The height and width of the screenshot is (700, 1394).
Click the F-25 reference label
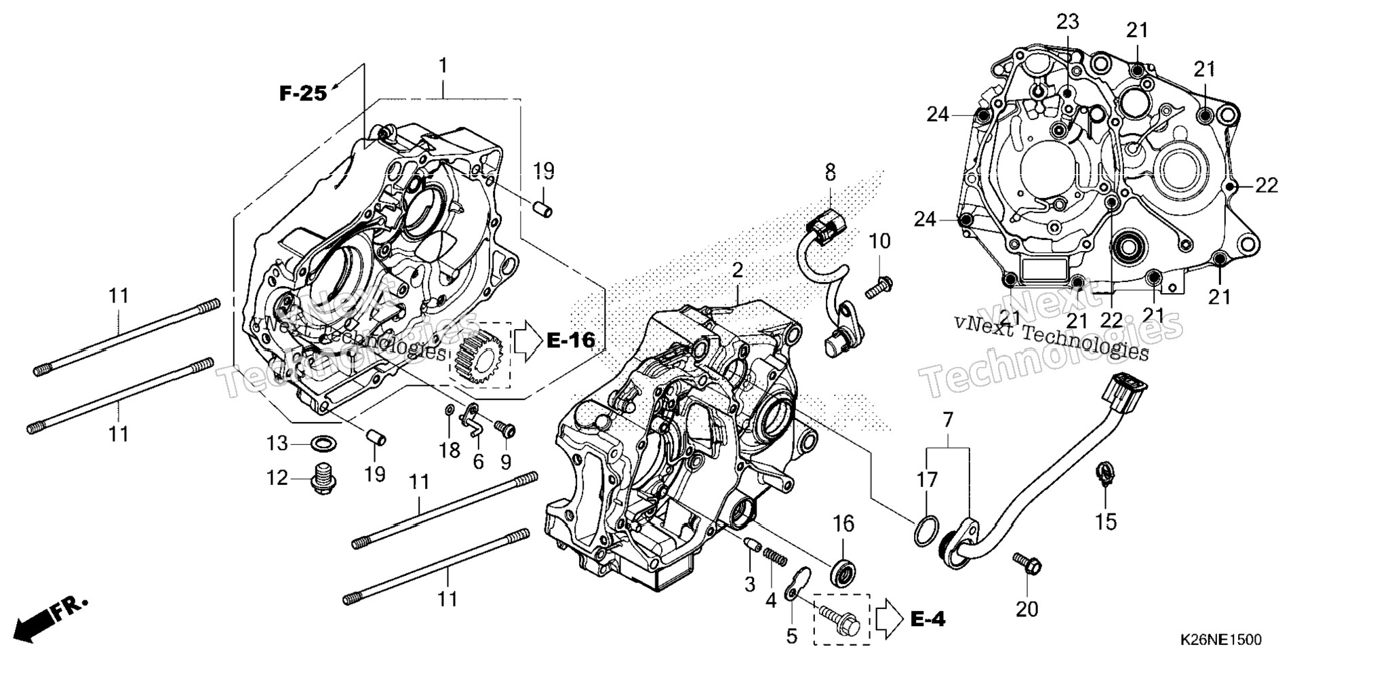pyautogui.click(x=303, y=93)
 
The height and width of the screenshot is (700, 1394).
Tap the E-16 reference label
pyautogui.click(x=571, y=341)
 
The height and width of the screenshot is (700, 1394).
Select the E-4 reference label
pyautogui.click(x=928, y=619)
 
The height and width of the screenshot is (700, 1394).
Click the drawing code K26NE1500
pyautogui.click(x=1220, y=640)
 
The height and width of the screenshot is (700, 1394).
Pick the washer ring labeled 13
pyautogui.click(x=322, y=444)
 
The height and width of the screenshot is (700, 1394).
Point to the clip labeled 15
pyautogui.click(x=1105, y=472)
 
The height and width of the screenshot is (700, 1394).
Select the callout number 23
pyautogui.click(x=1067, y=22)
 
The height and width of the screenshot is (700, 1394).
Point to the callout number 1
pyautogui.click(x=443, y=66)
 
